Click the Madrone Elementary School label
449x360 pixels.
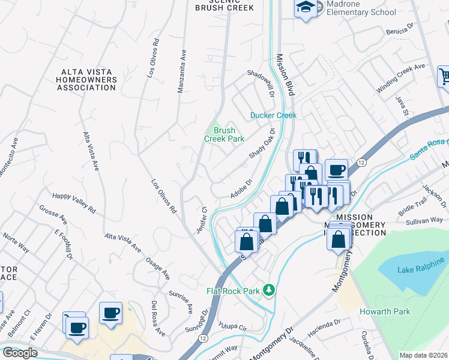(361, 8)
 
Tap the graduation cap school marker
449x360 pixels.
(306, 7)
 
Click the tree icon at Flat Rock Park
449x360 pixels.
(270, 290)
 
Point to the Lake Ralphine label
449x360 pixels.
(421, 265)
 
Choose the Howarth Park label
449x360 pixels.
(385, 311)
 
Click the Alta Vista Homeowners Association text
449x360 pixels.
(88, 80)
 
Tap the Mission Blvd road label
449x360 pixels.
(285, 75)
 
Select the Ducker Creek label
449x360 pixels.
(273, 115)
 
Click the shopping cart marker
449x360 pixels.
(444, 77)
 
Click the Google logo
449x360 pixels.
(19, 353)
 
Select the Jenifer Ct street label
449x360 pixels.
(202, 220)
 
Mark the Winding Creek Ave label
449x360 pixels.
(400, 78)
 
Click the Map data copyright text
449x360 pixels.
(423, 355)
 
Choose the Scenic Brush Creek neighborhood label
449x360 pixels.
(224, 5)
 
